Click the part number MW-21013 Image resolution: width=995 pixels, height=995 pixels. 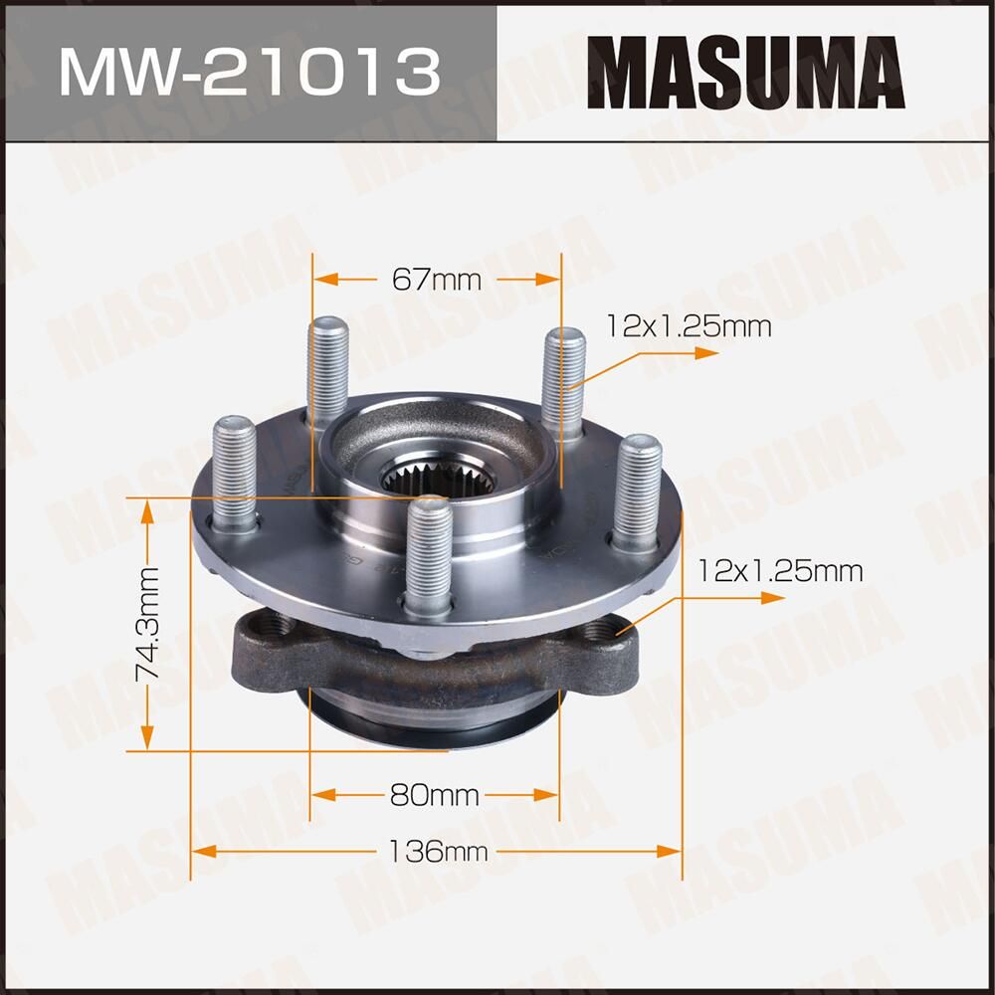coord(249,71)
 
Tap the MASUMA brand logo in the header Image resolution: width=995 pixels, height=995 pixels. coord(746,71)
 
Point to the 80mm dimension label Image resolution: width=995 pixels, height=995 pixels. coord(436,795)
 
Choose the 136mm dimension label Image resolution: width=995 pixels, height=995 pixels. coord(437,852)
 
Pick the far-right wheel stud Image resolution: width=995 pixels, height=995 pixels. coord(637,493)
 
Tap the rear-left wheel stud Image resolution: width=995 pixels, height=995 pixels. coord(328,373)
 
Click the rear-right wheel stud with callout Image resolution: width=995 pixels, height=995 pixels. coord(564,383)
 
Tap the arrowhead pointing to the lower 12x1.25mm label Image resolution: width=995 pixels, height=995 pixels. coord(770,597)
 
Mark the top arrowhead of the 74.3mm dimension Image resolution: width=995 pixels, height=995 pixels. coord(149,508)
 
